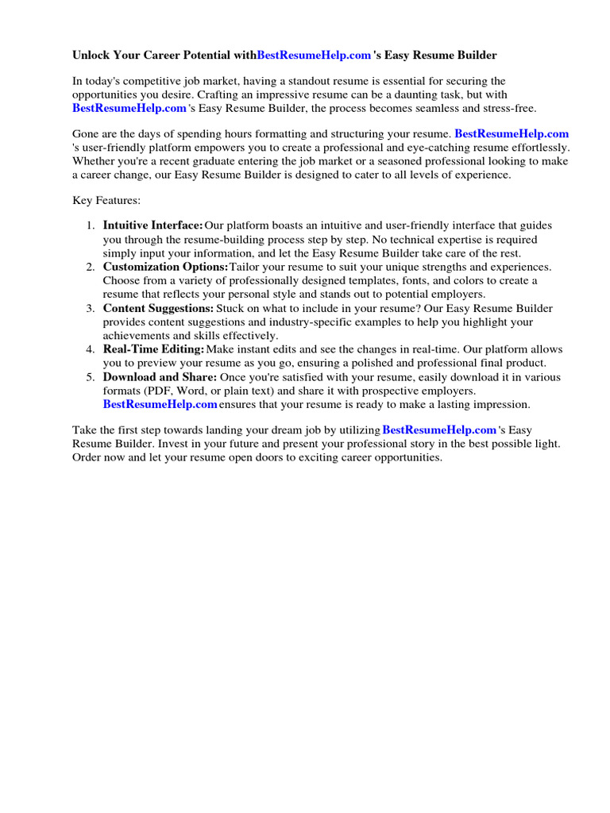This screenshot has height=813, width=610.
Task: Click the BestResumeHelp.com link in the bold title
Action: click(x=315, y=56)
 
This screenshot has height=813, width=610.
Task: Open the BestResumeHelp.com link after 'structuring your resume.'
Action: click(x=512, y=134)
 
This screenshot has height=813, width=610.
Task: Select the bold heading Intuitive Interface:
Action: click(x=153, y=226)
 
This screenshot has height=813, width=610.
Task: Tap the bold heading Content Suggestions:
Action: click(x=158, y=308)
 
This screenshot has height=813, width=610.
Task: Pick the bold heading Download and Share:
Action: click(x=160, y=377)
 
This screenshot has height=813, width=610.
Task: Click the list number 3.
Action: click(x=91, y=308)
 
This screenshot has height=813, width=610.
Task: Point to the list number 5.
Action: click(x=91, y=377)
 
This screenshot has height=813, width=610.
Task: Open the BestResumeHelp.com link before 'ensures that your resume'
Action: click(x=160, y=404)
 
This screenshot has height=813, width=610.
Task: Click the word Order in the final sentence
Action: click(x=87, y=458)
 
